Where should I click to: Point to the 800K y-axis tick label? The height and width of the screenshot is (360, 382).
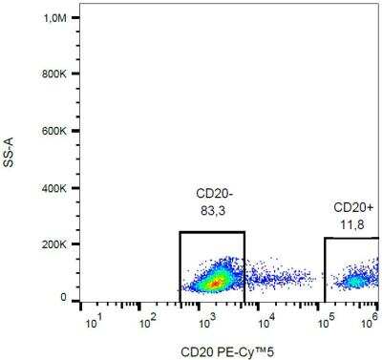(x=53, y=74)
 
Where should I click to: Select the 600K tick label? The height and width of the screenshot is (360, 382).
(x=53, y=132)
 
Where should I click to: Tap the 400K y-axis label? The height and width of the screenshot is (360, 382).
(x=53, y=188)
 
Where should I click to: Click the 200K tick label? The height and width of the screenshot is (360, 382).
(x=53, y=244)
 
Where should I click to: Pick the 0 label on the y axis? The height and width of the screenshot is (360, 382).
(x=63, y=299)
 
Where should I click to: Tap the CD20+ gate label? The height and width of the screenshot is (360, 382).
(x=352, y=207)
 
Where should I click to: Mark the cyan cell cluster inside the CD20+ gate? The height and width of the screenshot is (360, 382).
(x=355, y=281)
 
